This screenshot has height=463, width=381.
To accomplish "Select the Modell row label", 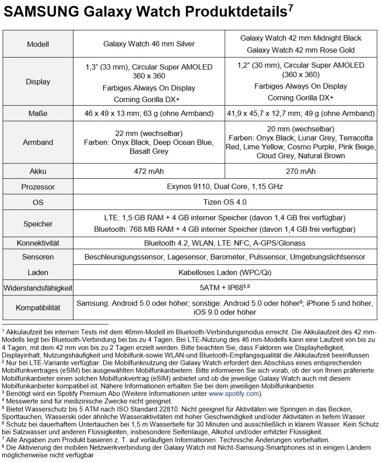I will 38,44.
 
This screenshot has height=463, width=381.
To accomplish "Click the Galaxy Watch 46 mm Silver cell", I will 149,44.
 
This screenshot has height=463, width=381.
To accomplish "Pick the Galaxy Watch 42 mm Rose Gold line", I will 300,50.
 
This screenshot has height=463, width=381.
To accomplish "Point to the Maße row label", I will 38,113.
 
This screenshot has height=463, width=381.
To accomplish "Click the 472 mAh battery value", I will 149,171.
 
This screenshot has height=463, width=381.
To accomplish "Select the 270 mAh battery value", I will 300,171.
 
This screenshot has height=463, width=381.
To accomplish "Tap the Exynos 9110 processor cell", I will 225,186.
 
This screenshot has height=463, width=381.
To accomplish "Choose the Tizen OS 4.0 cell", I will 225,202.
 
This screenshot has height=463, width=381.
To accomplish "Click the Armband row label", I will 38,142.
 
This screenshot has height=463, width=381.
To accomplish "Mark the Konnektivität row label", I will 38,243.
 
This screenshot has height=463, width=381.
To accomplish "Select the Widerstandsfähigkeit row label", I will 38,287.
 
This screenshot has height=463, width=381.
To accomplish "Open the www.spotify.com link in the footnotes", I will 234,393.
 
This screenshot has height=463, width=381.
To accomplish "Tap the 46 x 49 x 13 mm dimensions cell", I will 149,113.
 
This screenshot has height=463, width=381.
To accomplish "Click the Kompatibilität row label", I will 38,307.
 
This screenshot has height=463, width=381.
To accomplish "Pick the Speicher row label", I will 38,224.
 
